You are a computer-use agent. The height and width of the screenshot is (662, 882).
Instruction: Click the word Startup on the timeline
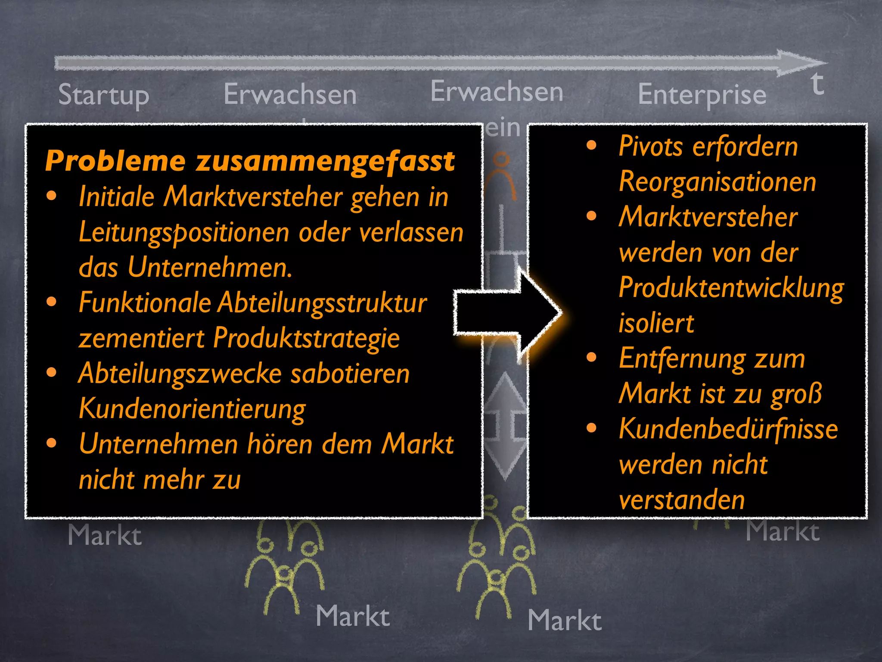(103, 95)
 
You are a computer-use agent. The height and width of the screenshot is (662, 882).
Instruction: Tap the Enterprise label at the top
(702, 95)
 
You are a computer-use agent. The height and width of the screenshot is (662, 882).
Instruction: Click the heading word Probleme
(115, 161)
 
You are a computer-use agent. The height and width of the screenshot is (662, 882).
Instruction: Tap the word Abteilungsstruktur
(323, 303)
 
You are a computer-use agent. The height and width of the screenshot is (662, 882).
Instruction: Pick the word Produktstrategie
(306, 338)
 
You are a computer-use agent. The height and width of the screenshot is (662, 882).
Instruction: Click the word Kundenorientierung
(192, 409)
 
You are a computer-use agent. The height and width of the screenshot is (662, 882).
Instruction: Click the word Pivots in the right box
(650, 146)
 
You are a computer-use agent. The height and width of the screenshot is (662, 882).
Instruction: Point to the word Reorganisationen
(717, 181)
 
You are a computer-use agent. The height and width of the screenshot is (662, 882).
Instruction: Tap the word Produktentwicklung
(731, 287)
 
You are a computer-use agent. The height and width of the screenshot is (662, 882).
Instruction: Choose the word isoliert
(656, 323)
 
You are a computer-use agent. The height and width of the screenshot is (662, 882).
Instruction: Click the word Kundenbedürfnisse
(728, 429)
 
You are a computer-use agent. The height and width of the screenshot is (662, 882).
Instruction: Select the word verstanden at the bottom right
(682, 500)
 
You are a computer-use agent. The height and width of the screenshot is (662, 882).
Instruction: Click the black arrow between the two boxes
(508, 313)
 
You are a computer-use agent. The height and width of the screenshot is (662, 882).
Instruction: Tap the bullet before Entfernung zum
(592, 357)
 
